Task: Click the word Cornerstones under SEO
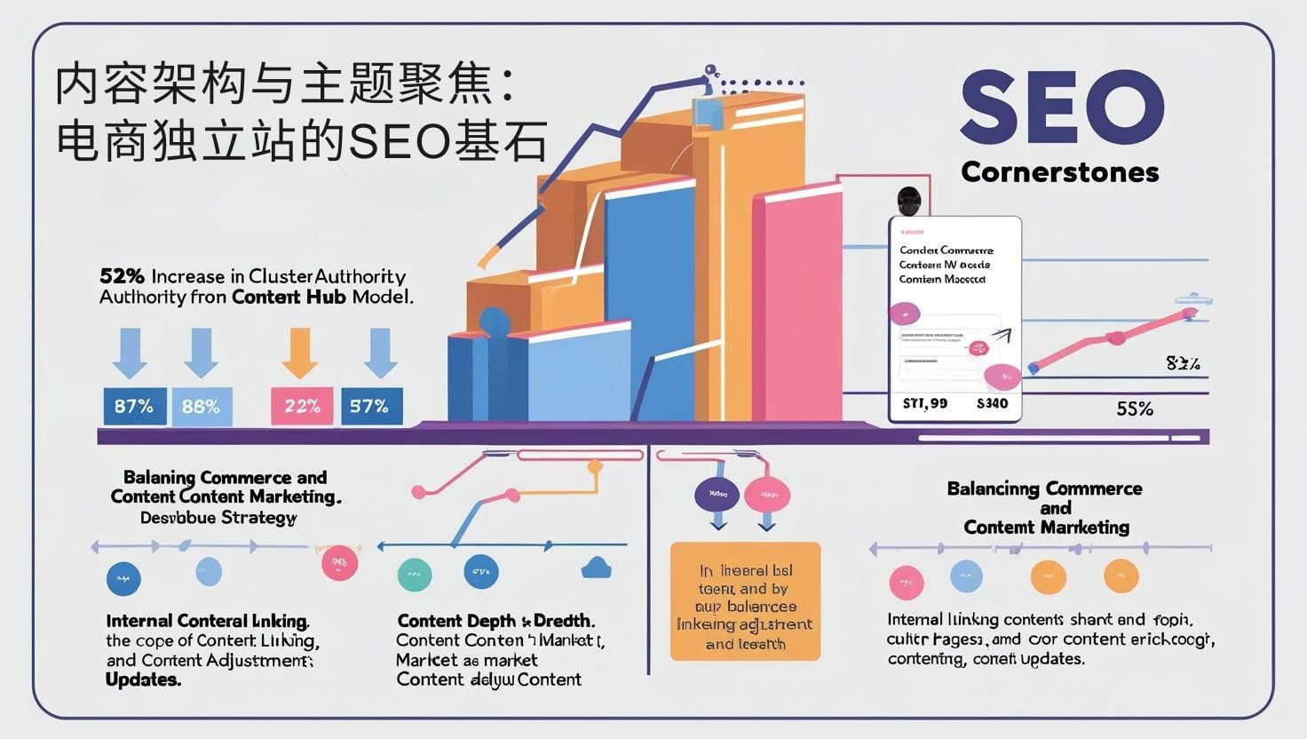click(1059, 171)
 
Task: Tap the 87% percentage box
click(134, 406)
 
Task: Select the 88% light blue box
click(201, 406)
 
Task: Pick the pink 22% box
click(302, 406)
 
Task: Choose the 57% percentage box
click(370, 406)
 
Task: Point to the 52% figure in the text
click(122, 276)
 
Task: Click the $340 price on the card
click(992, 403)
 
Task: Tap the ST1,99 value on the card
click(924, 403)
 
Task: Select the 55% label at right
click(1134, 409)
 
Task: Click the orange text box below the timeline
click(745, 601)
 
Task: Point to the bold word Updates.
click(143, 679)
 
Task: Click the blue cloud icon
click(595, 568)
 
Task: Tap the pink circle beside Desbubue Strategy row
click(339, 563)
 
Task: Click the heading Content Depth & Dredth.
click(495, 620)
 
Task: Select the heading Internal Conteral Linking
click(207, 620)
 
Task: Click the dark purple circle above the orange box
click(717, 494)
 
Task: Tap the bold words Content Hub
click(289, 297)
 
